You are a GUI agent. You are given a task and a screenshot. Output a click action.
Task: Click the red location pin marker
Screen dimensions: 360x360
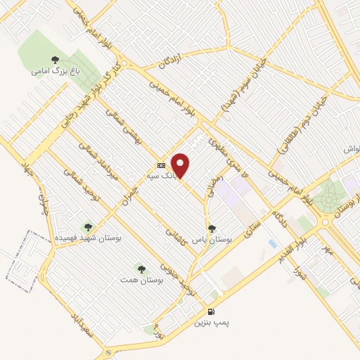181,165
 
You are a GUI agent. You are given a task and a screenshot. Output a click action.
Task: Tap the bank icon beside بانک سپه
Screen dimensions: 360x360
162,165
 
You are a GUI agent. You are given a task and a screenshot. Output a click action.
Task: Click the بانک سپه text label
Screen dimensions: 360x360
161,176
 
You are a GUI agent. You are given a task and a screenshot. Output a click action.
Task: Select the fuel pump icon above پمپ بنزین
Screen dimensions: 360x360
211,311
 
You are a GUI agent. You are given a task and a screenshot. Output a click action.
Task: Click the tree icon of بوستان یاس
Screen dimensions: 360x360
212,228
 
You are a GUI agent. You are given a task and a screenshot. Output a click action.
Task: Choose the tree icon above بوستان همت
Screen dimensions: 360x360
141,269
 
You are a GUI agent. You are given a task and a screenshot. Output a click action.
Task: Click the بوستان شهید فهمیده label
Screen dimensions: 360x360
88,238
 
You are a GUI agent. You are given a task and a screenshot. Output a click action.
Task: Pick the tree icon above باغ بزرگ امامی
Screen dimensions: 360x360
54,60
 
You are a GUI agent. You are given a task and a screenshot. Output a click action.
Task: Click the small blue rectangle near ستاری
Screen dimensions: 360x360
272,243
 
